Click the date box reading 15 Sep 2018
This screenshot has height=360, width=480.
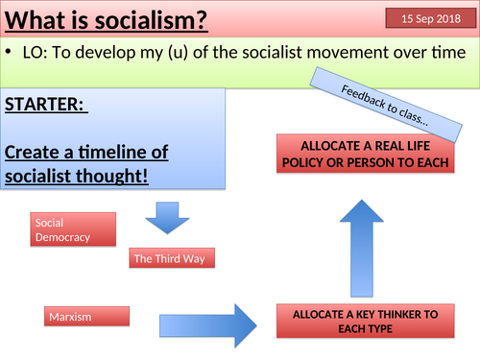tap(429, 18)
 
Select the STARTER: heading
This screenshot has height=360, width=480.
tap(44, 106)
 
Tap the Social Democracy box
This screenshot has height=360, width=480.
tap(73, 228)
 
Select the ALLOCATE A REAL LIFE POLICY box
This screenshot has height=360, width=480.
tap(363, 154)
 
